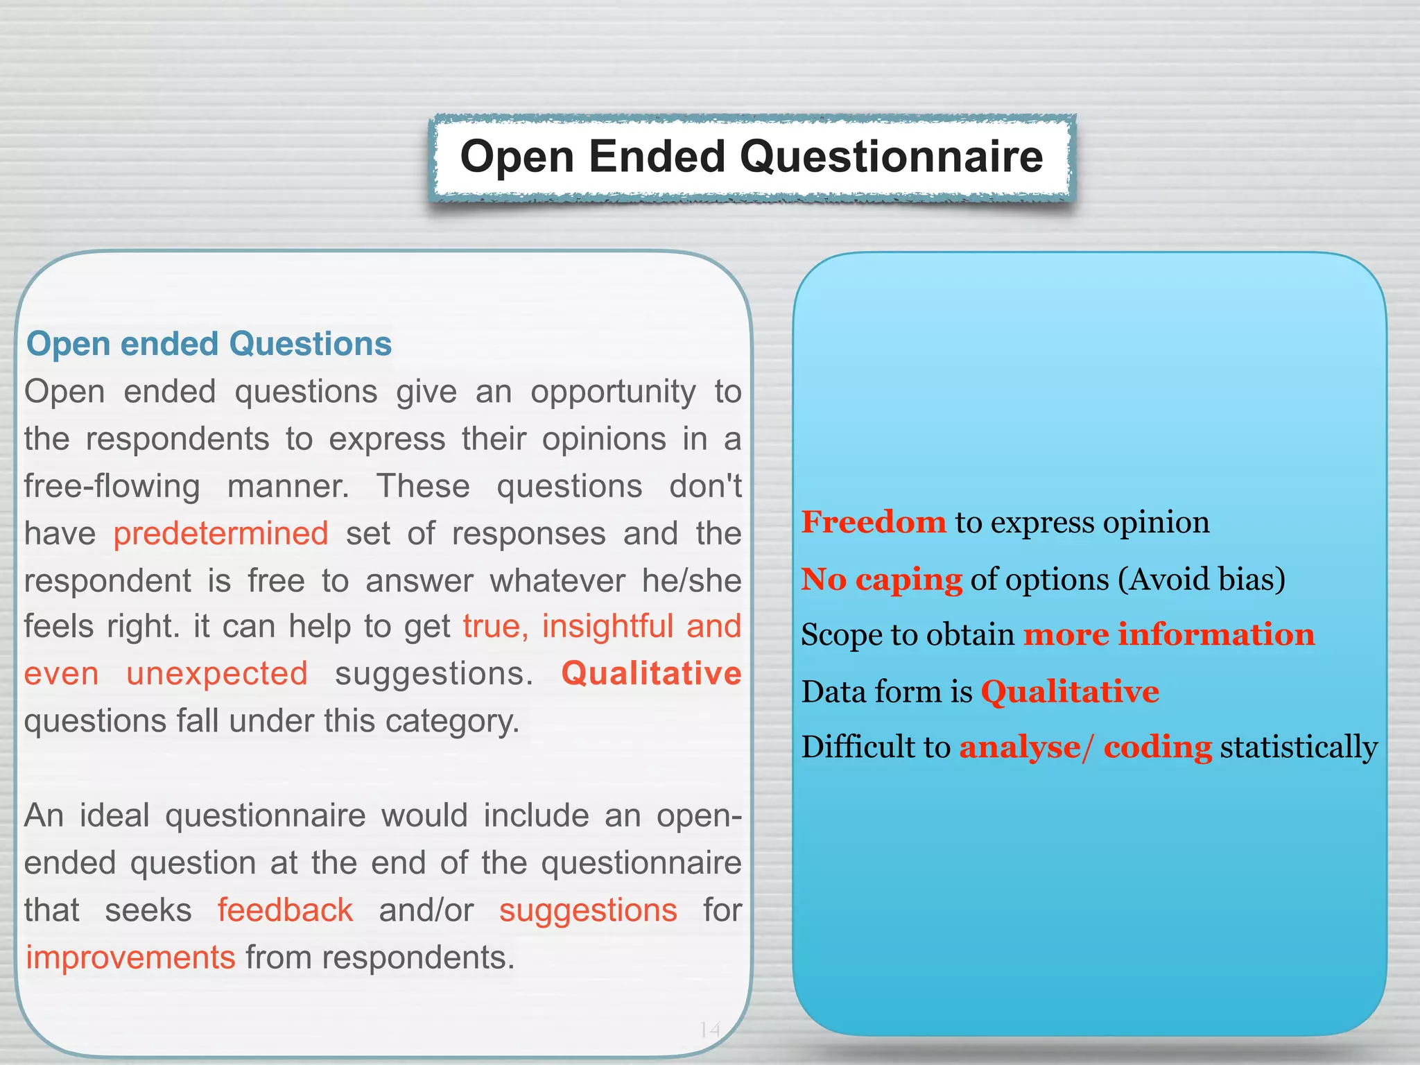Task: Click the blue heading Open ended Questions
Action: (209, 344)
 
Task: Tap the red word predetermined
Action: (220, 534)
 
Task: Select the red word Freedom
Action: (874, 522)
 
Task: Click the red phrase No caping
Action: (881, 579)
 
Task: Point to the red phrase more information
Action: (1169, 635)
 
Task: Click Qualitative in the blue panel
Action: (1070, 692)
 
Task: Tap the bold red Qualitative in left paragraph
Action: (651, 674)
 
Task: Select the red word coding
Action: (1157, 747)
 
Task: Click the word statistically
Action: (1299, 747)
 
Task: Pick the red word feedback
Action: (285, 910)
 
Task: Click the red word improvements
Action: (130, 958)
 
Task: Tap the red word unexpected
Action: (216, 674)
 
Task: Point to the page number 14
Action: (710, 1030)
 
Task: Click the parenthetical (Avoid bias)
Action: (1201, 579)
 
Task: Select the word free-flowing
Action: (112, 486)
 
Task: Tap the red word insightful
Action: (607, 627)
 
